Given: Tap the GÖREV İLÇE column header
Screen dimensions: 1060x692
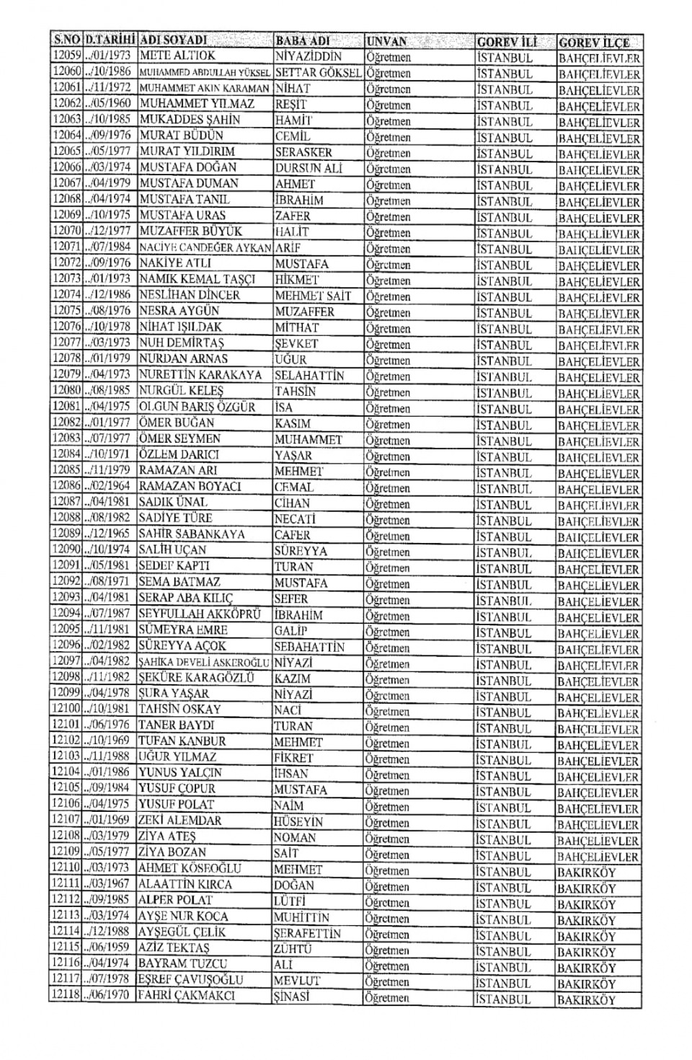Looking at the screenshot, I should coord(594,43).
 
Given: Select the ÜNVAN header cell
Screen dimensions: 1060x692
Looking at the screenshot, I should coord(387,42).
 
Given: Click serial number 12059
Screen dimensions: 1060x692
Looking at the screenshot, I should coord(67,56).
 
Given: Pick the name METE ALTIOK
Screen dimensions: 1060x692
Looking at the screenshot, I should coord(177,56).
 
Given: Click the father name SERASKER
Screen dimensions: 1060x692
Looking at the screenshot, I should coord(303,152).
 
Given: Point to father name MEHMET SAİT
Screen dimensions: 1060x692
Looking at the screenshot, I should coord(313,295).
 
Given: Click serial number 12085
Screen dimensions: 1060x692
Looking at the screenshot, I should coord(67,471).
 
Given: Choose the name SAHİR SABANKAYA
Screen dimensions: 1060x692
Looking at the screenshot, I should coord(192,534).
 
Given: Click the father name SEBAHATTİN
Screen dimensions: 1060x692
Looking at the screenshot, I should coord(309,647).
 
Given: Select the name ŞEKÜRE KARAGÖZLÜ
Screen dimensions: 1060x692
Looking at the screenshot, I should coord(196,679).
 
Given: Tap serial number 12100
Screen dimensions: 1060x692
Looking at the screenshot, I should coord(66,710).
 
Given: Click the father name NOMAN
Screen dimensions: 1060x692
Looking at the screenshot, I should coord(295,838).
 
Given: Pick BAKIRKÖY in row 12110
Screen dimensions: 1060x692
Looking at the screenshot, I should coord(586,873).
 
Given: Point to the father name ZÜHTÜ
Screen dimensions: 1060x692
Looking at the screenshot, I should coord(294,948).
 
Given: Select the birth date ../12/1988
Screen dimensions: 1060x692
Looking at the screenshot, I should coord(109,932).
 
